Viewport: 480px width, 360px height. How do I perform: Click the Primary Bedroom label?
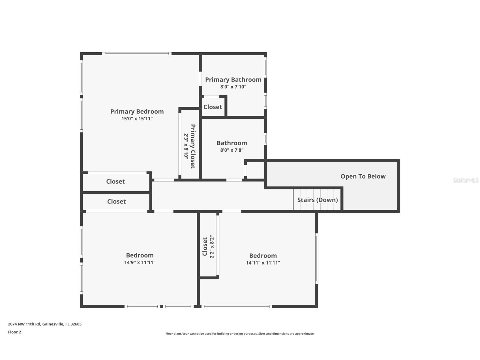click(137, 112)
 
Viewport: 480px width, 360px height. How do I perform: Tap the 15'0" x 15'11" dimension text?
click(137, 119)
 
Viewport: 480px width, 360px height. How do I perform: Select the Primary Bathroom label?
click(233, 80)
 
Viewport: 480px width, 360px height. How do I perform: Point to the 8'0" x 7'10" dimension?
click(233, 87)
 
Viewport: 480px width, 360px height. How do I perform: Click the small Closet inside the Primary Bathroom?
click(213, 107)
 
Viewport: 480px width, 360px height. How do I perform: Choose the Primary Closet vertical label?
click(193, 146)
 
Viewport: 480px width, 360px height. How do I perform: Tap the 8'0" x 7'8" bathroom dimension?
click(232, 150)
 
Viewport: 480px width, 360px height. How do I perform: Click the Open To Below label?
click(363, 176)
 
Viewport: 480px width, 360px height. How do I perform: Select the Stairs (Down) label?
click(318, 200)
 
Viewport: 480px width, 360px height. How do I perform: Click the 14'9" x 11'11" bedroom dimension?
click(140, 262)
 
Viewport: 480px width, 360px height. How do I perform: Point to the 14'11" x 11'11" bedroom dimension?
click(263, 263)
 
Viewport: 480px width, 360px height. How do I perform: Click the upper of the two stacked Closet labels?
click(115, 181)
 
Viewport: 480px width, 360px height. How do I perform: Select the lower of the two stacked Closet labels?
click(116, 202)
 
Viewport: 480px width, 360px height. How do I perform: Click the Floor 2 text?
click(14, 332)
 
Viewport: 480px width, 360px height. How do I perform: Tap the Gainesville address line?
click(45, 324)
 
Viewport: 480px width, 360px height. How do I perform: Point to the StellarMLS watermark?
click(466, 180)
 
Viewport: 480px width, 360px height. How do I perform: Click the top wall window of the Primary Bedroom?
click(137, 53)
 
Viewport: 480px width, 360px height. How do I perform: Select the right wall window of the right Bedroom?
click(317, 258)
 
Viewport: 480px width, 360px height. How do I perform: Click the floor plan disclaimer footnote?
click(240, 334)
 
